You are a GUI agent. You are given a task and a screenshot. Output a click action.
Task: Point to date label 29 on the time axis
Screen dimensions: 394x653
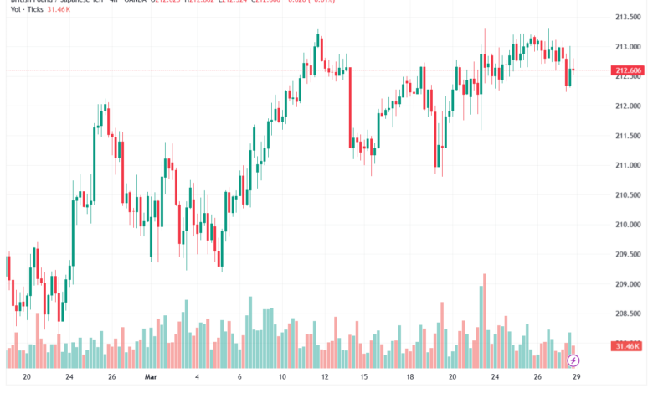point(576,378)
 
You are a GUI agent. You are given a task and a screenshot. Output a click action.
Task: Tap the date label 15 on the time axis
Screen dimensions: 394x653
point(364,378)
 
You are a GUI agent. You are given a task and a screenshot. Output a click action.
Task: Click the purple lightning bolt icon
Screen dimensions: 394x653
point(573,360)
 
